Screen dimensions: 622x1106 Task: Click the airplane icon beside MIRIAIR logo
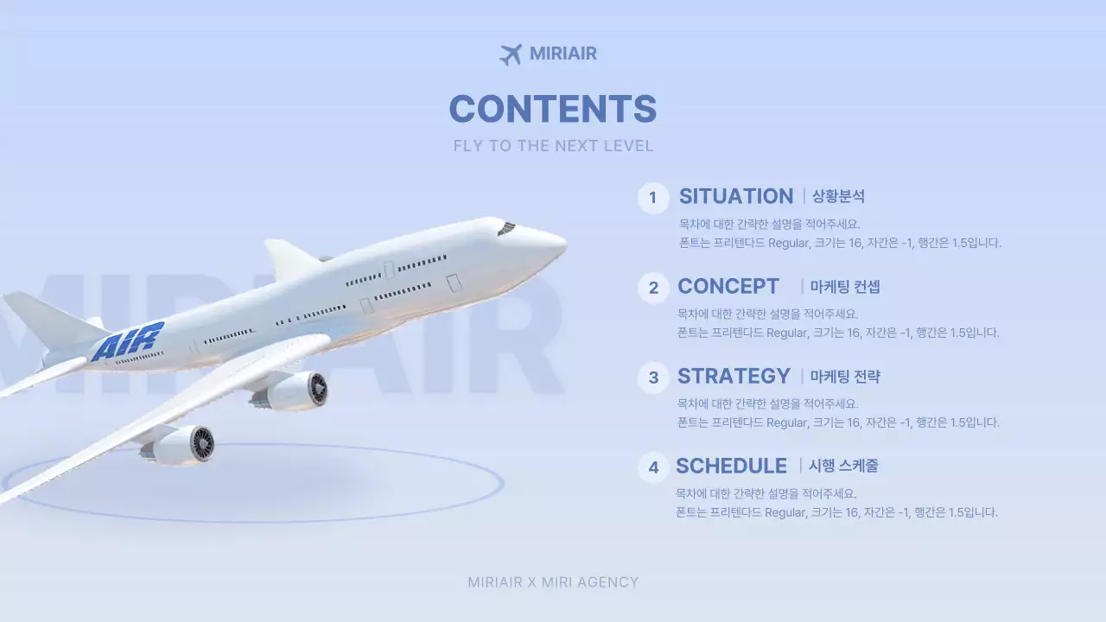(511, 54)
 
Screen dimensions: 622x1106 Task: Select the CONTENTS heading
(553, 110)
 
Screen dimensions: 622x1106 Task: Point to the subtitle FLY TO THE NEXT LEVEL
(553, 146)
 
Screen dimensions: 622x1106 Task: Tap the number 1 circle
(653, 198)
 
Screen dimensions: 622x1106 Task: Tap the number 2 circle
(653, 288)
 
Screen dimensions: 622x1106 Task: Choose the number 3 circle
(653, 378)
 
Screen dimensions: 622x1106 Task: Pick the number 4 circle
(653, 467)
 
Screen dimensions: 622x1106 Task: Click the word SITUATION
(735, 196)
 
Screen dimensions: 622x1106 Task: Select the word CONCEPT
(728, 286)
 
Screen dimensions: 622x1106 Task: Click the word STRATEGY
(734, 376)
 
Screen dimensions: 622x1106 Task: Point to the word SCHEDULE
(731, 466)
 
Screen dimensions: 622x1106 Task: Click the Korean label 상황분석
(838, 197)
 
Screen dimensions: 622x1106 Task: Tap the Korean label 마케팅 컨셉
(845, 287)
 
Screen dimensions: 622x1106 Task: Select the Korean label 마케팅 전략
(845, 377)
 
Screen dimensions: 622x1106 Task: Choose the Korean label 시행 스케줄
(843, 466)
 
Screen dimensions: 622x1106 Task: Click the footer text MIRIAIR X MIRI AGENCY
(553, 582)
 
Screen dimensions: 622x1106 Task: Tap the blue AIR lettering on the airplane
(128, 341)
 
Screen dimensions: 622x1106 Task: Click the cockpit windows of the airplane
(506, 228)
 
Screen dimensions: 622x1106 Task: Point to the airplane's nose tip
(563, 244)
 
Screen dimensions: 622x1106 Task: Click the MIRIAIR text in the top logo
(563, 54)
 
